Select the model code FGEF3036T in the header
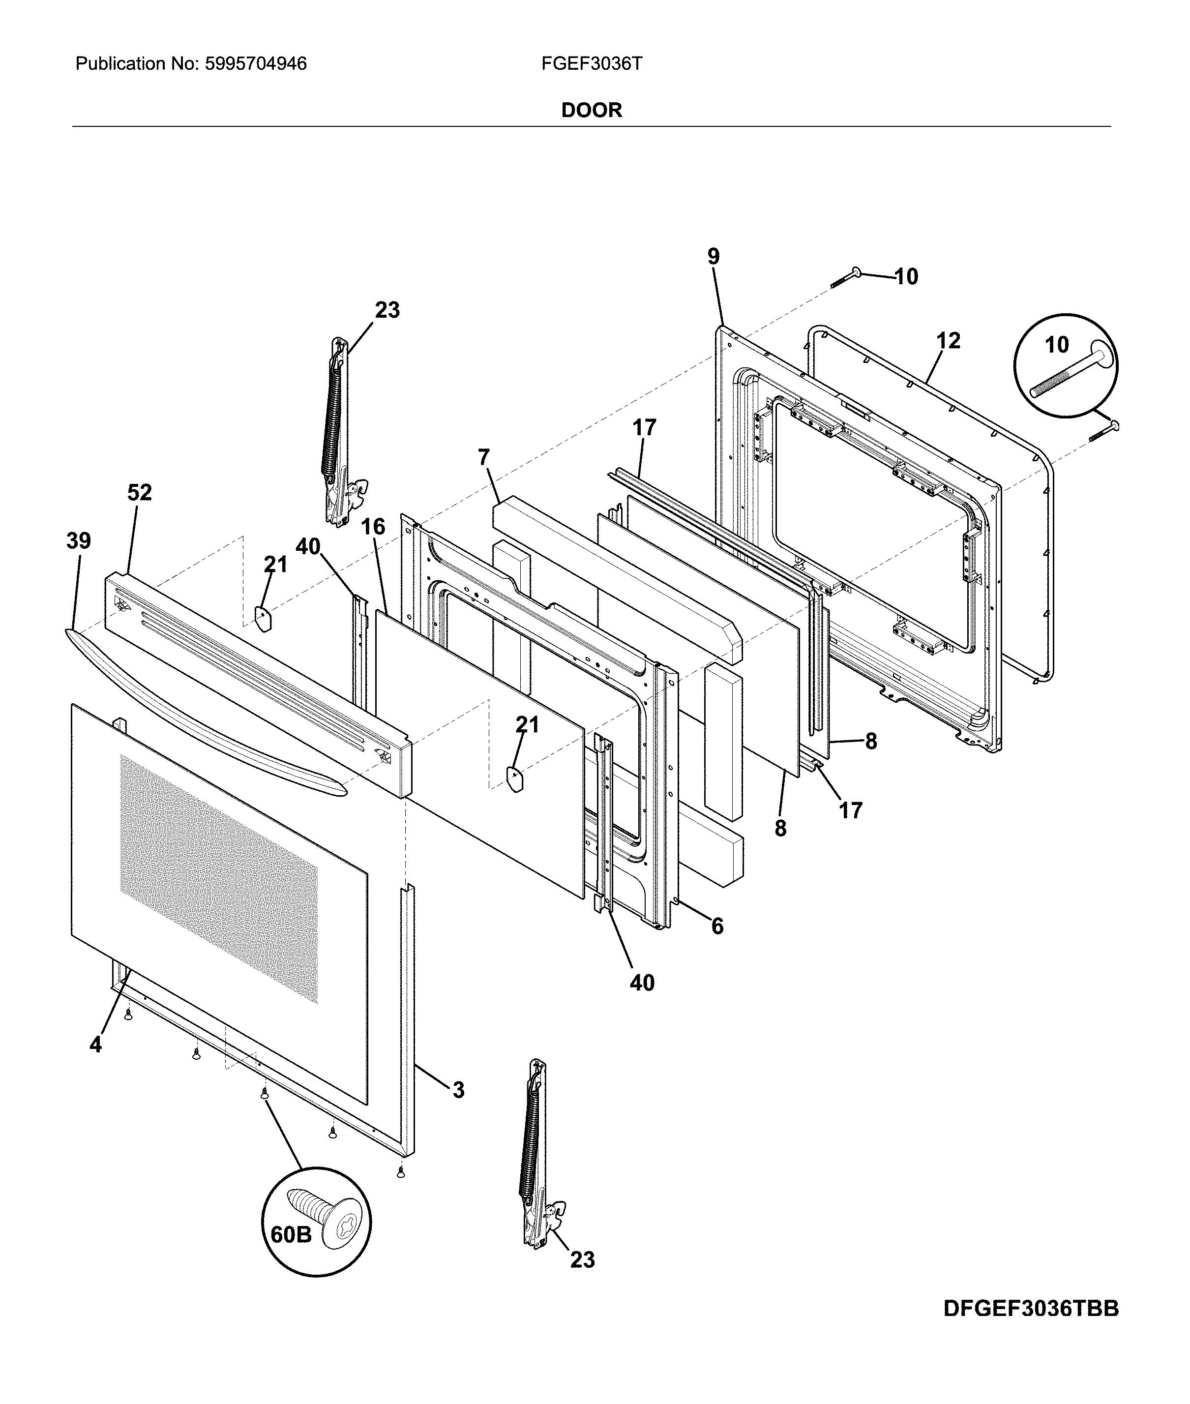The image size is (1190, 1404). coord(592,64)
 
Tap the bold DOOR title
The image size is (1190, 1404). coord(592,110)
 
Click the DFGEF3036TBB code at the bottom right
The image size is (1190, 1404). coord(1031,1327)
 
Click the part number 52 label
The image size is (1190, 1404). coord(140,493)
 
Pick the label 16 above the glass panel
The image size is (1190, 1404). coord(373,526)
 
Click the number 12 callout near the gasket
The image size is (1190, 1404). coord(948,341)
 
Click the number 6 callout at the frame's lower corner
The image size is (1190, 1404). coord(717,926)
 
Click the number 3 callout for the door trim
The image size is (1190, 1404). coord(459,1090)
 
